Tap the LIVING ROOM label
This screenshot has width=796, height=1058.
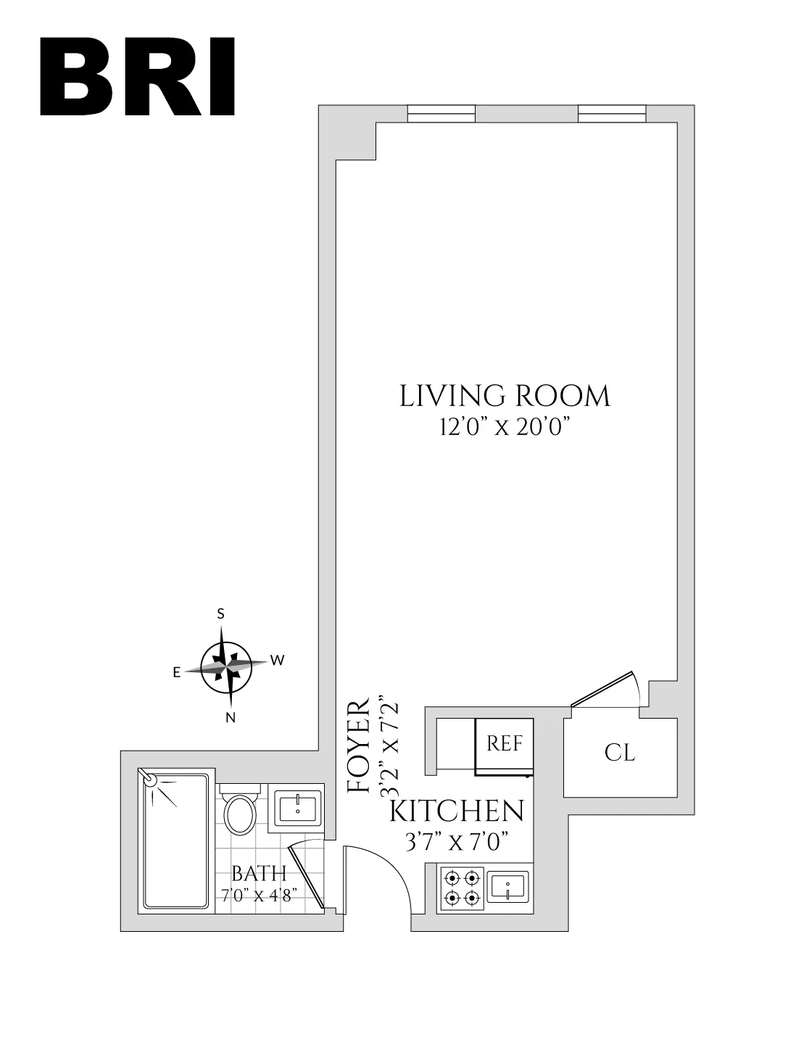505,397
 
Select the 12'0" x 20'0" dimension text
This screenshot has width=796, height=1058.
502,428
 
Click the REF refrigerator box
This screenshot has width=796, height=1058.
505,745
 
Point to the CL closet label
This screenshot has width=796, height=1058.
620,753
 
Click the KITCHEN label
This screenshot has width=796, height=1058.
457,811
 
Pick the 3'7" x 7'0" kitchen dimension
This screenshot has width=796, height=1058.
456,842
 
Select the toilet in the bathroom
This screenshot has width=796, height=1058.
239,811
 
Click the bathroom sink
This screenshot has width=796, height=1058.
297,807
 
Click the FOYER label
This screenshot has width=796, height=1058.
359,748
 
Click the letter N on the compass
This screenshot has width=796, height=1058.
230,718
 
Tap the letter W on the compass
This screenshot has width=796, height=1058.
276,660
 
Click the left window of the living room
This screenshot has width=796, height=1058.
441,115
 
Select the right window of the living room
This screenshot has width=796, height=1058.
611,115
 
